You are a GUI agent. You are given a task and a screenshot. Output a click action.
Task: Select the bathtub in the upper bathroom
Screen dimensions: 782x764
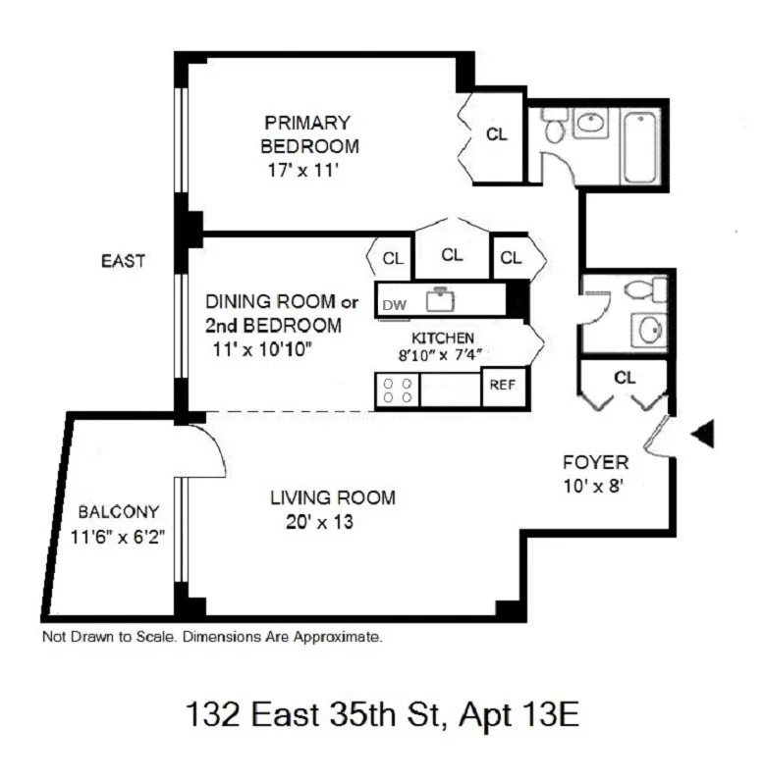640,146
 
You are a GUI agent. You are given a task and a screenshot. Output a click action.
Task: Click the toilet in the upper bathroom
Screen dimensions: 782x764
555,125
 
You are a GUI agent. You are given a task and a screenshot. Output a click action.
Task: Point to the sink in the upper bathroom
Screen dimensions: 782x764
590,124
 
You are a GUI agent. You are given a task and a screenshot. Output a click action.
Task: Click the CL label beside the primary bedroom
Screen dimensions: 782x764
497,135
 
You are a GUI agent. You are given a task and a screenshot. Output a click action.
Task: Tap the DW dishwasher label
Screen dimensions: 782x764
394,303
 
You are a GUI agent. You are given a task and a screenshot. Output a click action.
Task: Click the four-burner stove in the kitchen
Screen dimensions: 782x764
397,390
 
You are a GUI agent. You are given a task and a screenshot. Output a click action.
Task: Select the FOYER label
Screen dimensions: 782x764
595,462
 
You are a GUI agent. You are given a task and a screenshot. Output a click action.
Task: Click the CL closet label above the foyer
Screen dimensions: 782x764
624,377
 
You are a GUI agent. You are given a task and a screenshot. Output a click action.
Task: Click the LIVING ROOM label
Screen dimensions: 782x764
333,498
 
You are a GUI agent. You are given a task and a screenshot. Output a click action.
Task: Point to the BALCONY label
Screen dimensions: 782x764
118,512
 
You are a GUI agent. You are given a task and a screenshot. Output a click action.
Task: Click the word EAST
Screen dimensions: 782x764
123,261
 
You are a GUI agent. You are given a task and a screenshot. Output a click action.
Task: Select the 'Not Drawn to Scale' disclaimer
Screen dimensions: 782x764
211,637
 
